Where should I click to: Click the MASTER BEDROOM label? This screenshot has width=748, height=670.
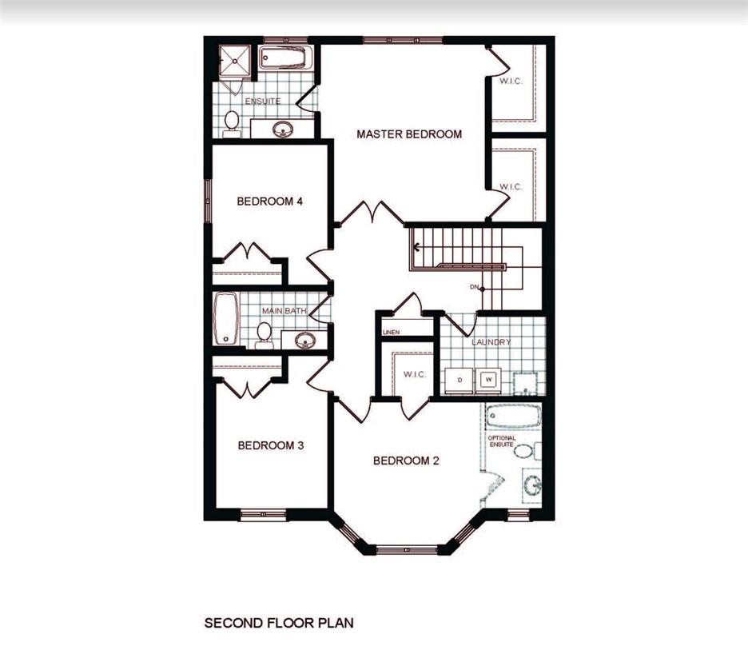[408, 134]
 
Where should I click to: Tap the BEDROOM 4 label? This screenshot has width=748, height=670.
[269, 201]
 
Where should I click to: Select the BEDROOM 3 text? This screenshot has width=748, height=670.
[270, 445]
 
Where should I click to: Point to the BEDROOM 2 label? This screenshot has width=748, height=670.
[406, 461]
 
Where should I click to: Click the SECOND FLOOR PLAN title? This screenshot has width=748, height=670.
[279, 622]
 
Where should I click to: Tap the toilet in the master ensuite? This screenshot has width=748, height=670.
[232, 123]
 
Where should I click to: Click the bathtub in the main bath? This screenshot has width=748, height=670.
[226, 318]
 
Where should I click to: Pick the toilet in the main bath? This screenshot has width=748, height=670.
[264, 333]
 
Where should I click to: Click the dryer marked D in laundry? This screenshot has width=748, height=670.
[460, 379]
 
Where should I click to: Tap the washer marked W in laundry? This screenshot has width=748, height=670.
[488, 379]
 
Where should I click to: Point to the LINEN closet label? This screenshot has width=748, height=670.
[392, 332]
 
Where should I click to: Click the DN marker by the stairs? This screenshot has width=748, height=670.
[475, 287]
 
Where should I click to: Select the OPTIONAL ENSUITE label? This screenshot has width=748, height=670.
[502, 441]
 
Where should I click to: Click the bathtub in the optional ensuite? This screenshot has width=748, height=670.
[513, 416]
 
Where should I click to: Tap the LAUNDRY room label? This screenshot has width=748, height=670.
[491, 342]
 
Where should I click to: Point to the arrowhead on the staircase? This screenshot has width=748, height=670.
[416, 246]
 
